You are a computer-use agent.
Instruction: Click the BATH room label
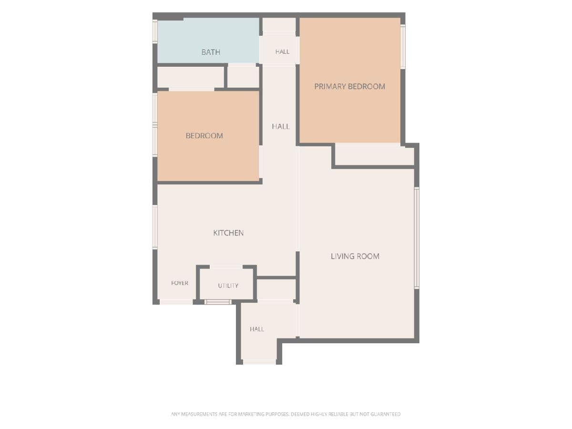(x=211, y=52)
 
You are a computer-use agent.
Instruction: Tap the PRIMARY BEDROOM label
(x=349, y=86)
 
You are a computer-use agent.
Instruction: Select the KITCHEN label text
(x=228, y=233)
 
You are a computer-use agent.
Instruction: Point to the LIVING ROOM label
(x=355, y=256)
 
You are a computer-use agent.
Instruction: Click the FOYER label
(x=180, y=283)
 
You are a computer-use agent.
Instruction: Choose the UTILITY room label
(x=228, y=286)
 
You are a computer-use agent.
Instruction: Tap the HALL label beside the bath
(x=282, y=52)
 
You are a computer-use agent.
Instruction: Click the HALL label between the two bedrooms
(x=281, y=127)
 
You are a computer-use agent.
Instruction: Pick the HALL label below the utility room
(x=257, y=329)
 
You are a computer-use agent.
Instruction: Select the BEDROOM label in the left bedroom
(x=204, y=136)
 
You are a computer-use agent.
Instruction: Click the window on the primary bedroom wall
(x=403, y=47)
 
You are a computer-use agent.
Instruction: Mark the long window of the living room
(x=417, y=238)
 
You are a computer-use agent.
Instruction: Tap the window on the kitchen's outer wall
(x=155, y=227)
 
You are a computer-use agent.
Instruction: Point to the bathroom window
(x=155, y=32)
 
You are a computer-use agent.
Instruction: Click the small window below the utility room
(x=218, y=302)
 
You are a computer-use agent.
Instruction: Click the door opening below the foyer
(x=176, y=302)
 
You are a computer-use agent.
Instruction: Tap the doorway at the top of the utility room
(x=226, y=267)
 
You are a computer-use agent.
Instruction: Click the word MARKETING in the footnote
(x=252, y=414)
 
